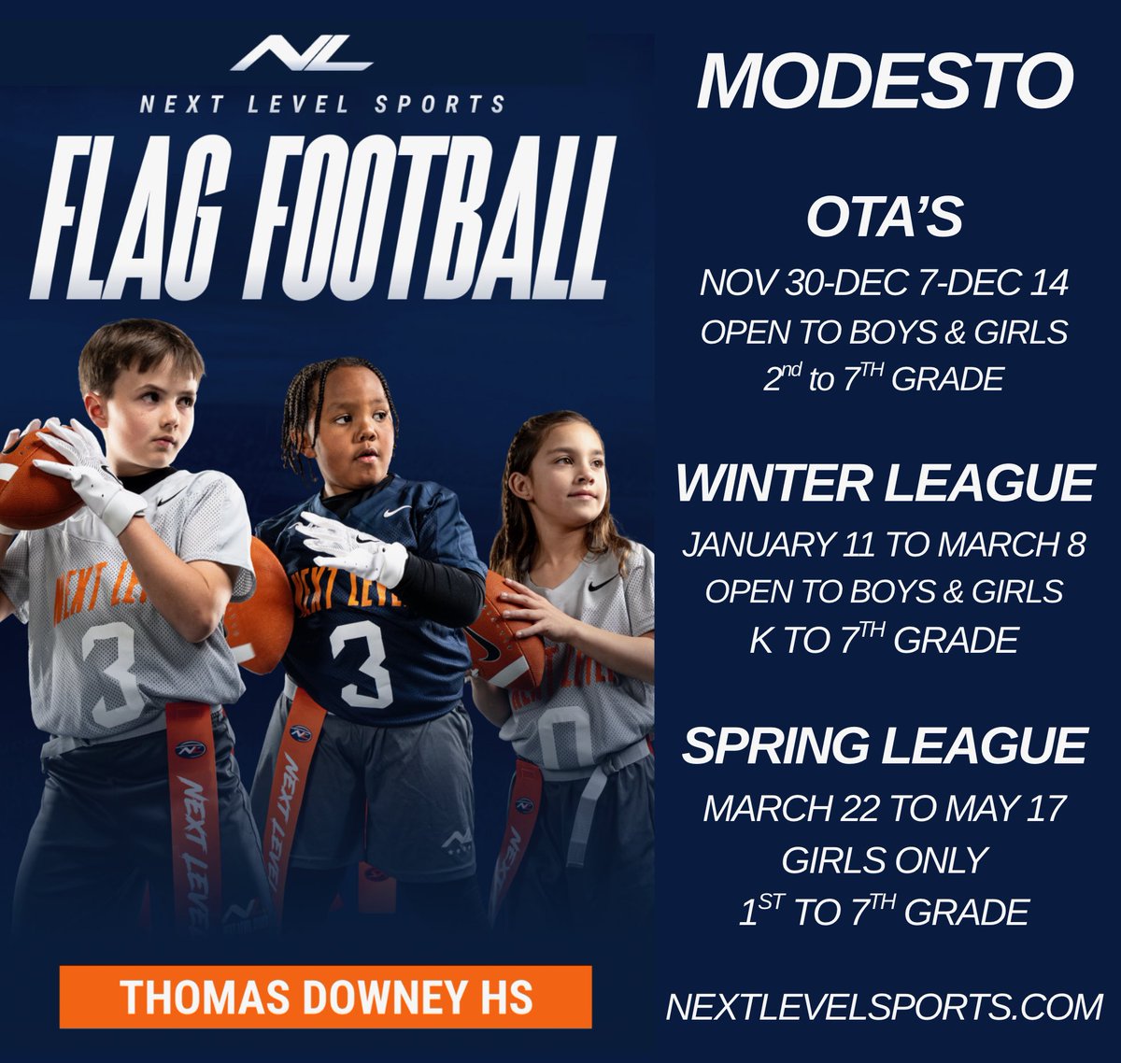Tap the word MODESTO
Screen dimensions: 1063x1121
pyautogui.click(x=884, y=82)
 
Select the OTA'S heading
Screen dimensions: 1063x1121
pyautogui.click(x=884, y=218)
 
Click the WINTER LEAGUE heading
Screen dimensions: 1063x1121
pyautogui.click(x=884, y=483)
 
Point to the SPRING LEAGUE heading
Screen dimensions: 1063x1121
pyautogui.click(x=884, y=745)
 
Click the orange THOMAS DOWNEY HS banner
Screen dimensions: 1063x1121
pyautogui.click(x=325, y=997)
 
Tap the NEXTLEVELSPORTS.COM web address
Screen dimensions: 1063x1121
pyautogui.click(x=884, y=1006)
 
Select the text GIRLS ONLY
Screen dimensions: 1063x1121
pyautogui.click(x=884, y=859)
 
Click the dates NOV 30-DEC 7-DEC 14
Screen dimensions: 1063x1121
pyautogui.click(x=884, y=283)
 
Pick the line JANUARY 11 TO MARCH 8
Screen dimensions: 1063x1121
pyautogui.click(x=884, y=544)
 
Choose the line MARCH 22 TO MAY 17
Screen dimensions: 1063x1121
pyautogui.click(x=884, y=808)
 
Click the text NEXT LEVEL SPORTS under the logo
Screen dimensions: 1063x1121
pyautogui.click(x=322, y=104)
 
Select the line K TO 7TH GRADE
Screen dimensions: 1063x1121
pyautogui.click(x=884, y=641)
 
